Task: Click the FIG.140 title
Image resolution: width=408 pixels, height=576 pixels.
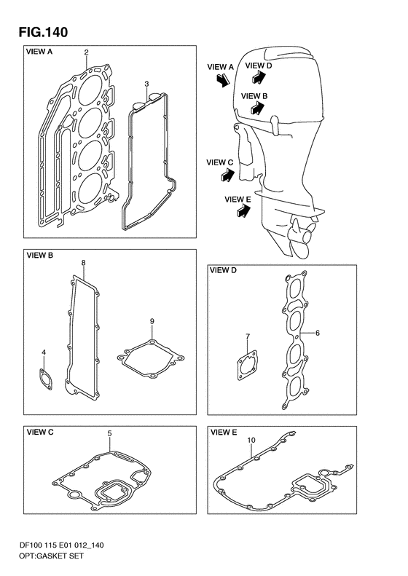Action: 44,32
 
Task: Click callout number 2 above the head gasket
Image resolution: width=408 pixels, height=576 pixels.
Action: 86,52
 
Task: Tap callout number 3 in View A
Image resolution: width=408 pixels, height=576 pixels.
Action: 146,84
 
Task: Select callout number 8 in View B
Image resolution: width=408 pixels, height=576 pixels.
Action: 84,263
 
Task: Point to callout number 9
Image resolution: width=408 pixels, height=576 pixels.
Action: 152,321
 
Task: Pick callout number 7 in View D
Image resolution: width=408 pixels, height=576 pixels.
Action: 248,336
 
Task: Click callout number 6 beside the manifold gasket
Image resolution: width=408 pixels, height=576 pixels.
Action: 318,334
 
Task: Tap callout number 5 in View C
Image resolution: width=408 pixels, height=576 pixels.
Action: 109,433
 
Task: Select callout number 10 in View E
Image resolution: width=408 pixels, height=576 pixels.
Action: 251,440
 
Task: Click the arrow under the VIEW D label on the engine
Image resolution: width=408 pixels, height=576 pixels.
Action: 259,77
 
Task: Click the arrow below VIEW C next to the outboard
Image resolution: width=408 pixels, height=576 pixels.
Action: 228,175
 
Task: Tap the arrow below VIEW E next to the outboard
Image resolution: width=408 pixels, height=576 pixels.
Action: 243,211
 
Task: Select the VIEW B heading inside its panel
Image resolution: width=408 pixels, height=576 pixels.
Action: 39,256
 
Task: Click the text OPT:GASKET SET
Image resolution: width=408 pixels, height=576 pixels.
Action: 51,556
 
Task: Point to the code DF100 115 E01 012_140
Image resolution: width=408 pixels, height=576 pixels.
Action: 61,545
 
